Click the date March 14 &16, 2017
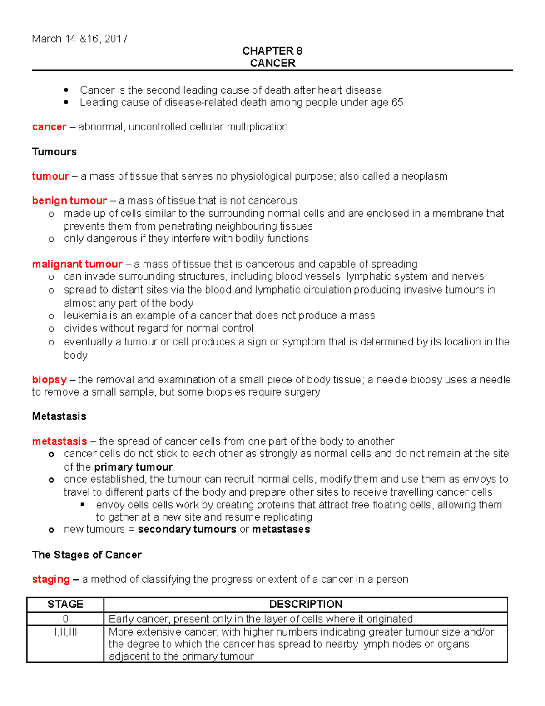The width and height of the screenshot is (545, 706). [x=80, y=39]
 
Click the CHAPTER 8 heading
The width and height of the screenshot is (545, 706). [x=272, y=51]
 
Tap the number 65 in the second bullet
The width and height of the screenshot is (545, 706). [x=397, y=103]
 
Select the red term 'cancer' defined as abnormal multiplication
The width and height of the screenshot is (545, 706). [x=49, y=127]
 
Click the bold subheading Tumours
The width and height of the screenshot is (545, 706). [x=54, y=152]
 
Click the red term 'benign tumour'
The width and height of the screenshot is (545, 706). [x=69, y=200]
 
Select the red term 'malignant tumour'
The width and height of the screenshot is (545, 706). [x=77, y=264]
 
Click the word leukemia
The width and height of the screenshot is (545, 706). [x=84, y=315]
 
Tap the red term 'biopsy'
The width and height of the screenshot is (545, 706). [x=49, y=380]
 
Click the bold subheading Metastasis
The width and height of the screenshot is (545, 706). [x=59, y=416]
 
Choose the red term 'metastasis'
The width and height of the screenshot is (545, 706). [x=59, y=441]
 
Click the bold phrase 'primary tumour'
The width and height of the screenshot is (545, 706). [x=134, y=467]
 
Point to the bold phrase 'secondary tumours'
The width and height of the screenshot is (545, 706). [x=187, y=530]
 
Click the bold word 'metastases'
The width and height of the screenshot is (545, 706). [x=281, y=530]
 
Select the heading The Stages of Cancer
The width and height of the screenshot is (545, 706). [x=87, y=555]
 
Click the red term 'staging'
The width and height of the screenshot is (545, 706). [x=51, y=580]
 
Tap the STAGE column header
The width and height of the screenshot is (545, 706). [x=65, y=604]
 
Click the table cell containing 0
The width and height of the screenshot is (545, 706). [x=65, y=619]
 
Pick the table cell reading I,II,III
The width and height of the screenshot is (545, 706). [x=65, y=632]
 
